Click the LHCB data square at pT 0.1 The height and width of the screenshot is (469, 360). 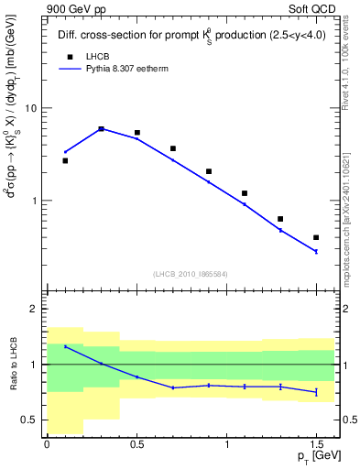[65, 160]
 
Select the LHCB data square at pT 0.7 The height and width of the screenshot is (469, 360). [172, 148]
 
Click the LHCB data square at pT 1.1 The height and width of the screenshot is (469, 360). [245, 193]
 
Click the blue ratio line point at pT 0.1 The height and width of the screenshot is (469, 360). [65, 346]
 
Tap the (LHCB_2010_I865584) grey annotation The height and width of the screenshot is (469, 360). [191, 273]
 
